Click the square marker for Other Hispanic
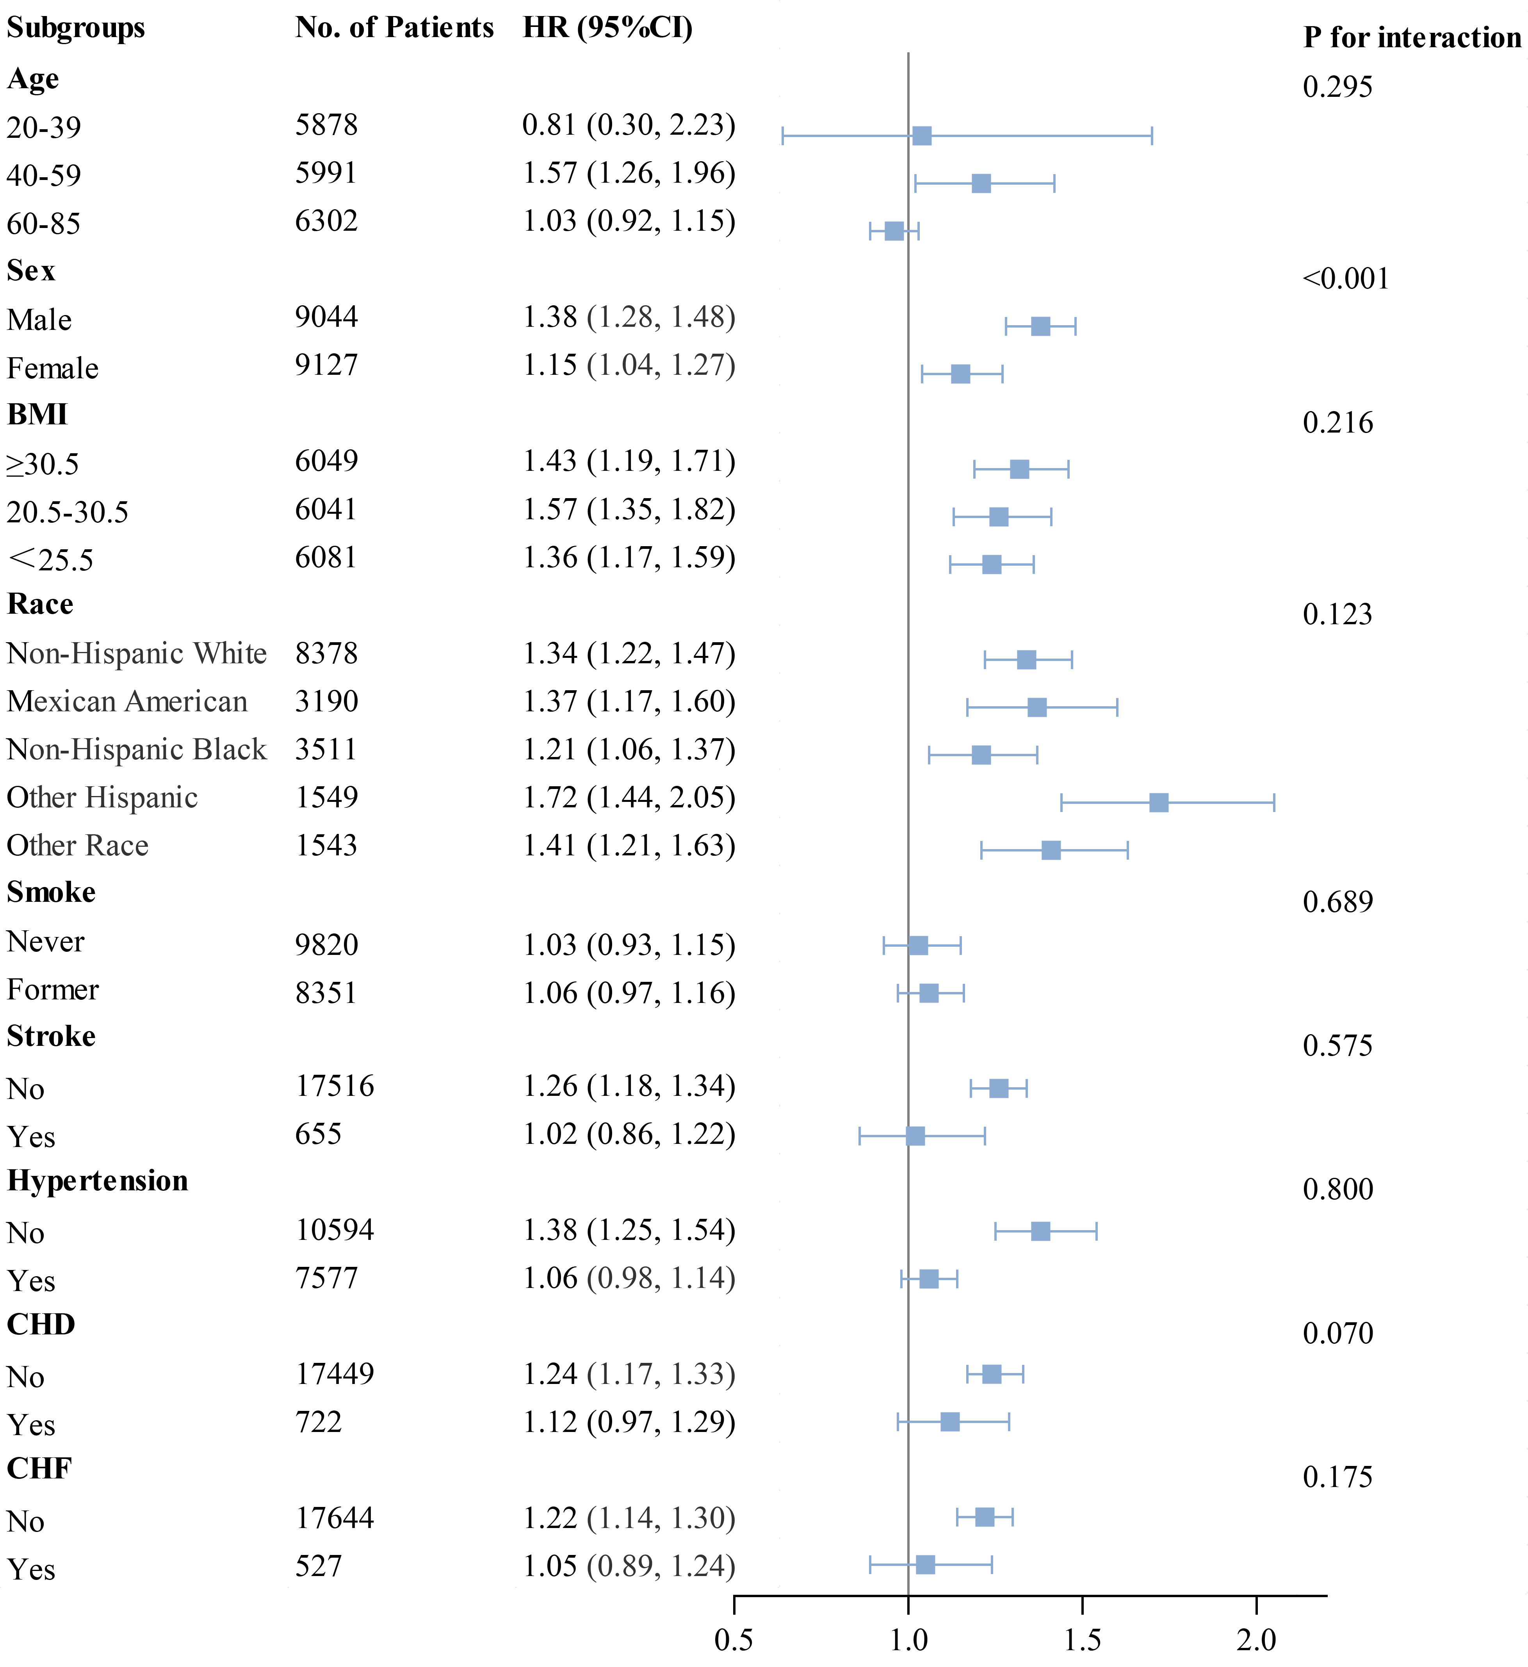pyautogui.click(x=1158, y=802)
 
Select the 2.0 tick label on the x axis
pyautogui.click(x=1256, y=1639)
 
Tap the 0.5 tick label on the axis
pyautogui.click(x=734, y=1639)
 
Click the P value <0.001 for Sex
pyautogui.click(x=1345, y=279)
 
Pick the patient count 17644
pyautogui.click(x=335, y=1517)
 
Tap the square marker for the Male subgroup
pyautogui.click(x=1040, y=326)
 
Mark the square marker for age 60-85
pyautogui.click(x=894, y=231)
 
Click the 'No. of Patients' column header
pyautogui.click(x=394, y=27)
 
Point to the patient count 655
pyautogui.click(x=318, y=1134)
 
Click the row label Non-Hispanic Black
pyautogui.click(x=136, y=749)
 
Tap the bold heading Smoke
pyautogui.click(x=51, y=892)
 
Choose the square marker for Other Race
pyautogui.click(x=1050, y=850)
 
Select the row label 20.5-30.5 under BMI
pyautogui.click(x=68, y=513)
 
